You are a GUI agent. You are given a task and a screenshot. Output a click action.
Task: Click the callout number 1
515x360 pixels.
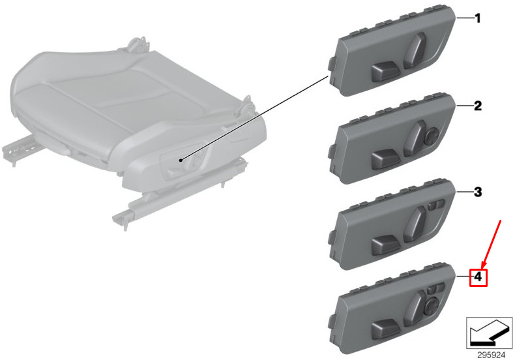tap(478, 18)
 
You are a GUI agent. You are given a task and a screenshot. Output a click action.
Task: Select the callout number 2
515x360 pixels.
tap(478, 106)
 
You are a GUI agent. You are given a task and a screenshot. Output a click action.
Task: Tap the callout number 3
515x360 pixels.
tap(478, 192)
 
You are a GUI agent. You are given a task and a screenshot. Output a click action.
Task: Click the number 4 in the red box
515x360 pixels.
tap(478, 277)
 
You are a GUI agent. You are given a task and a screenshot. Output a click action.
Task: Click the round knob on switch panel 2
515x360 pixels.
tap(430, 136)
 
